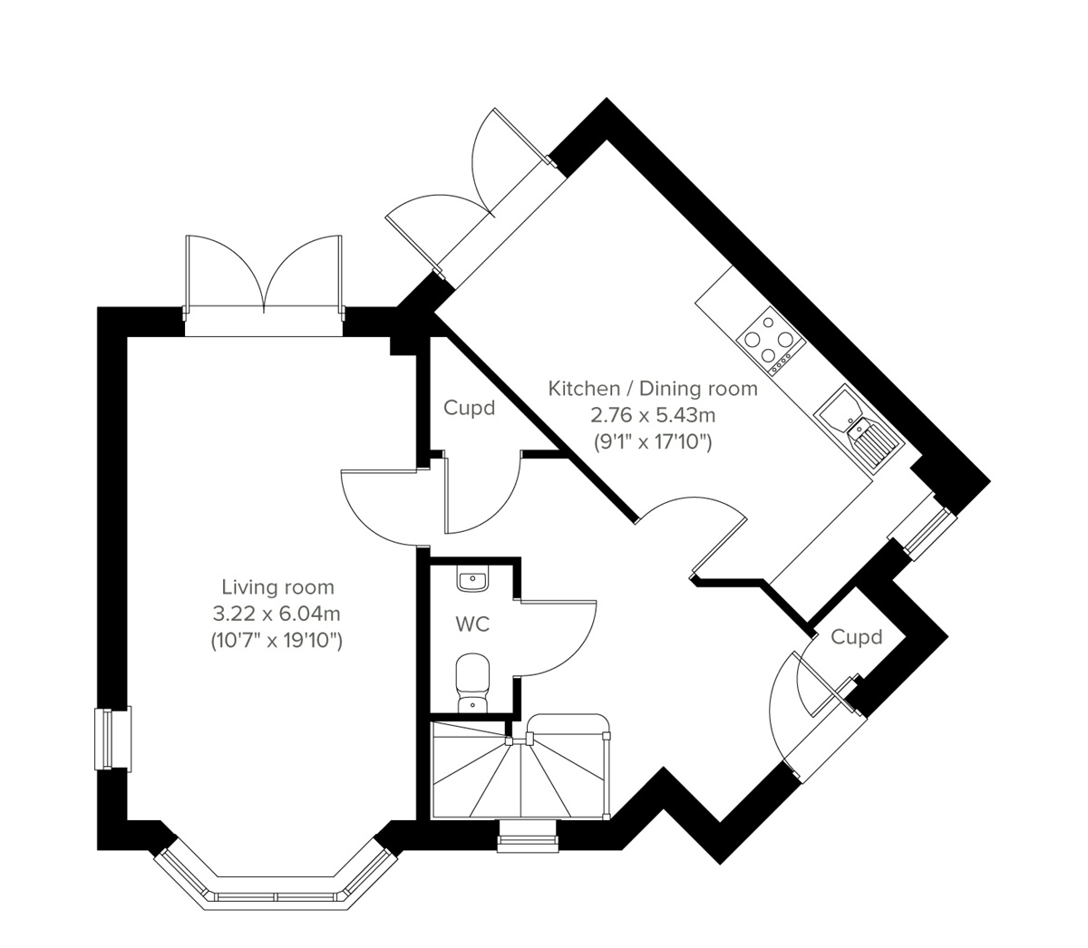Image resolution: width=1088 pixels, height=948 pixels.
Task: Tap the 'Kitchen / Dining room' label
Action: point(653,389)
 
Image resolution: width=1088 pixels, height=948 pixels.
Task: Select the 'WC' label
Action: point(472,624)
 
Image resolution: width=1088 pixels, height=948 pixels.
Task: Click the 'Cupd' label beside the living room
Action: point(470,408)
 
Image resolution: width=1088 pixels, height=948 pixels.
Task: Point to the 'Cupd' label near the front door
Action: point(857,637)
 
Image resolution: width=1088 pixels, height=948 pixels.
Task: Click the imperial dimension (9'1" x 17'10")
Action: point(653,443)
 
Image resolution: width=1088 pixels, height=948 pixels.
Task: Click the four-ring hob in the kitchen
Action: point(771,342)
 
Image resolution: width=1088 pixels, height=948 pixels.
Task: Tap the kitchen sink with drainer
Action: point(858,431)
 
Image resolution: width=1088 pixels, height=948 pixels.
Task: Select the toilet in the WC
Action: point(471,684)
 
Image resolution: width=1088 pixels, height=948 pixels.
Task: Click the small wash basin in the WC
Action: point(472,580)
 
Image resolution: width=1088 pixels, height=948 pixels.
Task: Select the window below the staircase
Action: point(527,836)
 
